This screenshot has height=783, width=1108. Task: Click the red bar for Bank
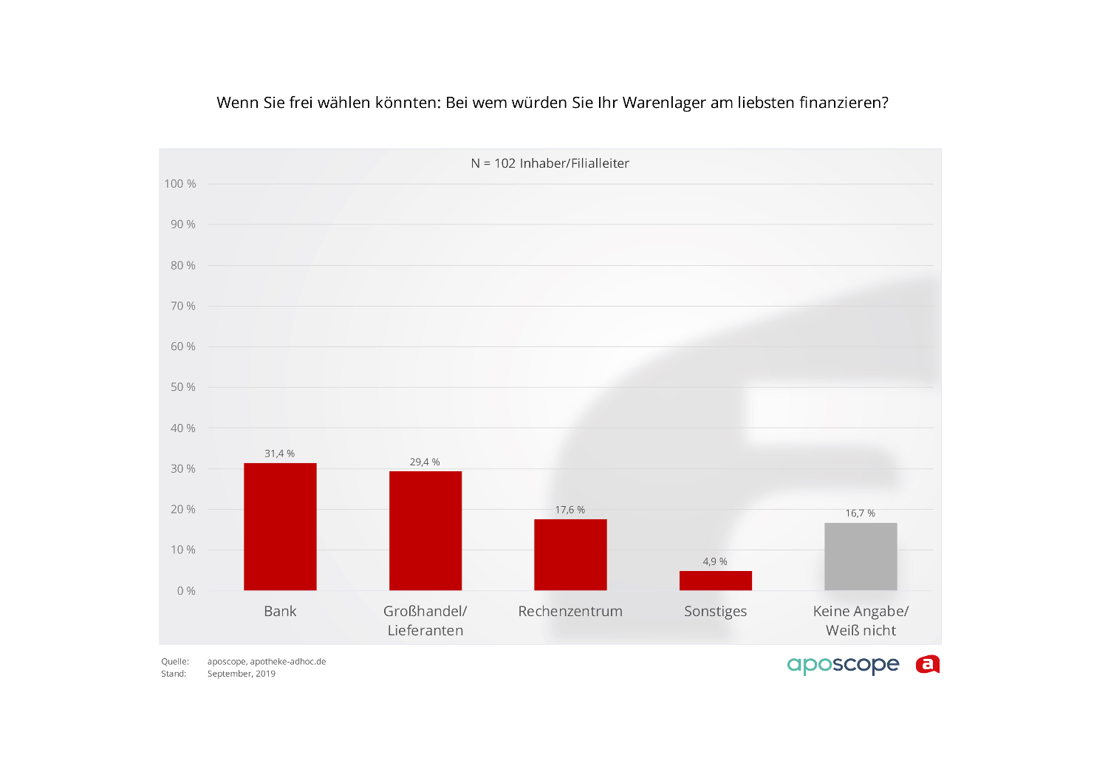point(280,527)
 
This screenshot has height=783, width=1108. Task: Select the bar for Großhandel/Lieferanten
point(425,530)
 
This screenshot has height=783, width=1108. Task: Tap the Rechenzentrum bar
point(570,555)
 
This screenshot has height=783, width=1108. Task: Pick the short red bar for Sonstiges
point(716,581)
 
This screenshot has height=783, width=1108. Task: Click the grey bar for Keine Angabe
point(861,556)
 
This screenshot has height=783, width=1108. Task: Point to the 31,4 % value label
point(280,454)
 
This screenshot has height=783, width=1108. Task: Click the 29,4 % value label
point(425,462)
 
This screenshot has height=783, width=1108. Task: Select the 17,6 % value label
point(570,510)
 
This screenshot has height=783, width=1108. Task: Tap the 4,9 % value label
point(715,561)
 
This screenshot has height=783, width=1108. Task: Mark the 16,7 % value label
point(861,513)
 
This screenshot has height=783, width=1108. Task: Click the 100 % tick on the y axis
point(180,184)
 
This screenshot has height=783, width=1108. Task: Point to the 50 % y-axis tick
point(183,387)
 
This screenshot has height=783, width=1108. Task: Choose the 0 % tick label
point(186,591)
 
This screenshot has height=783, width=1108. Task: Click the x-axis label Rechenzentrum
point(570,611)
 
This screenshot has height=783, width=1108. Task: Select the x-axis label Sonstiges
point(715,612)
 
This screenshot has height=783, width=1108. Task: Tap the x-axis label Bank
point(280,611)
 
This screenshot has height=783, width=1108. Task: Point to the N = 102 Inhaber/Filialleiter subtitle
point(550,163)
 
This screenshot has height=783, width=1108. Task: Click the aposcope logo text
point(843,665)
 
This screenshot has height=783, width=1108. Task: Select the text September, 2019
point(242,674)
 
